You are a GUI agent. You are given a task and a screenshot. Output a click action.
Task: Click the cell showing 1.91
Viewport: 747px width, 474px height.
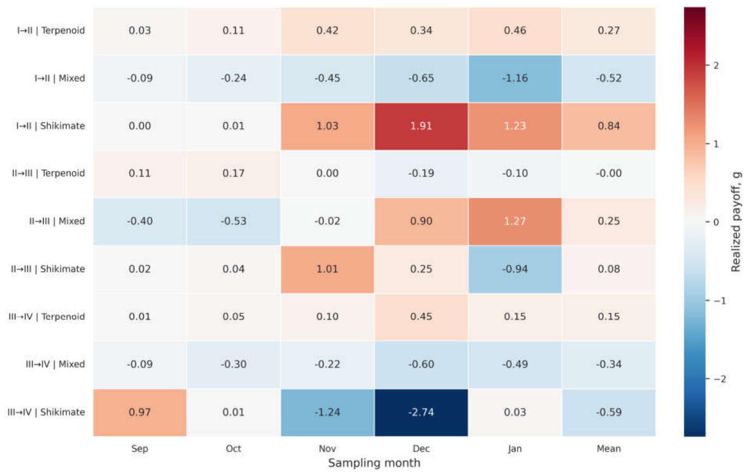pos(421,127)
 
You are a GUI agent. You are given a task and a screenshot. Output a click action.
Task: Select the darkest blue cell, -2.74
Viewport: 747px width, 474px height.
pos(421,413)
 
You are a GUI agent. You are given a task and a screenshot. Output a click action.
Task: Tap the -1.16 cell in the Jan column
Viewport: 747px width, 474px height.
pos(515,79)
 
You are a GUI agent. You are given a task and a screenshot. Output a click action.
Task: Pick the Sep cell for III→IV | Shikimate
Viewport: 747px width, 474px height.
pos(140,413)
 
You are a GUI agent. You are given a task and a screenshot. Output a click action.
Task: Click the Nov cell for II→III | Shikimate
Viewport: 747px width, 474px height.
pos(328,270)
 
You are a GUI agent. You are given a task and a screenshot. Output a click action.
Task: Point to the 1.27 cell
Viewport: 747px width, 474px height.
pos(515,222)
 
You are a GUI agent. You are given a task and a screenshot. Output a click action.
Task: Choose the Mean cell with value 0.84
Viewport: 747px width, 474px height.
pos(609,127)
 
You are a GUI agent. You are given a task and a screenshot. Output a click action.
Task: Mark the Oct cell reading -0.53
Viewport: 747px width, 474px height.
pos(234,222)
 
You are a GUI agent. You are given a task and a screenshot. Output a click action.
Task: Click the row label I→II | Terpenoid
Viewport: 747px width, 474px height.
pos(51,31)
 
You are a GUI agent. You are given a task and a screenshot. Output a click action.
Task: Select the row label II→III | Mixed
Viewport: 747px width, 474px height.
pos(57,221)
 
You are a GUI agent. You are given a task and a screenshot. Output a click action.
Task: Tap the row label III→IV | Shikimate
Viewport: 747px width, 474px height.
pos(46,412)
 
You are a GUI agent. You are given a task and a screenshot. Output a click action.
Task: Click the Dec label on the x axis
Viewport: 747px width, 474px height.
pos(421,449)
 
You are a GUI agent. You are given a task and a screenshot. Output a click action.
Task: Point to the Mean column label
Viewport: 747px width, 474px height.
pos(609,449)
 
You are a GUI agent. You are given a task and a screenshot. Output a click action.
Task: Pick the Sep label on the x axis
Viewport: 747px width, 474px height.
pos(140,449)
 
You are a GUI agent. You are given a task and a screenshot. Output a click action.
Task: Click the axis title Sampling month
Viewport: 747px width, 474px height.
pos(374,463)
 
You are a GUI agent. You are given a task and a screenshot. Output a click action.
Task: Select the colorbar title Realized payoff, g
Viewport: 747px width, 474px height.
pos(736,222)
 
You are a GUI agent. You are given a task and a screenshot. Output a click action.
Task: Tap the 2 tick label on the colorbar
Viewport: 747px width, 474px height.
pos(716,66)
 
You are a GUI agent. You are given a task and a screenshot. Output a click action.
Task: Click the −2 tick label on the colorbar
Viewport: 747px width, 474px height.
pos(720,380)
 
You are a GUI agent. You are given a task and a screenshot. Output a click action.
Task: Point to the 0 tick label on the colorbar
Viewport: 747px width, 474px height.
pos(716,222)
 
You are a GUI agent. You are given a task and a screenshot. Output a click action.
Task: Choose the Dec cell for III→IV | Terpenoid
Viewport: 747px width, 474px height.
pos(421,317)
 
